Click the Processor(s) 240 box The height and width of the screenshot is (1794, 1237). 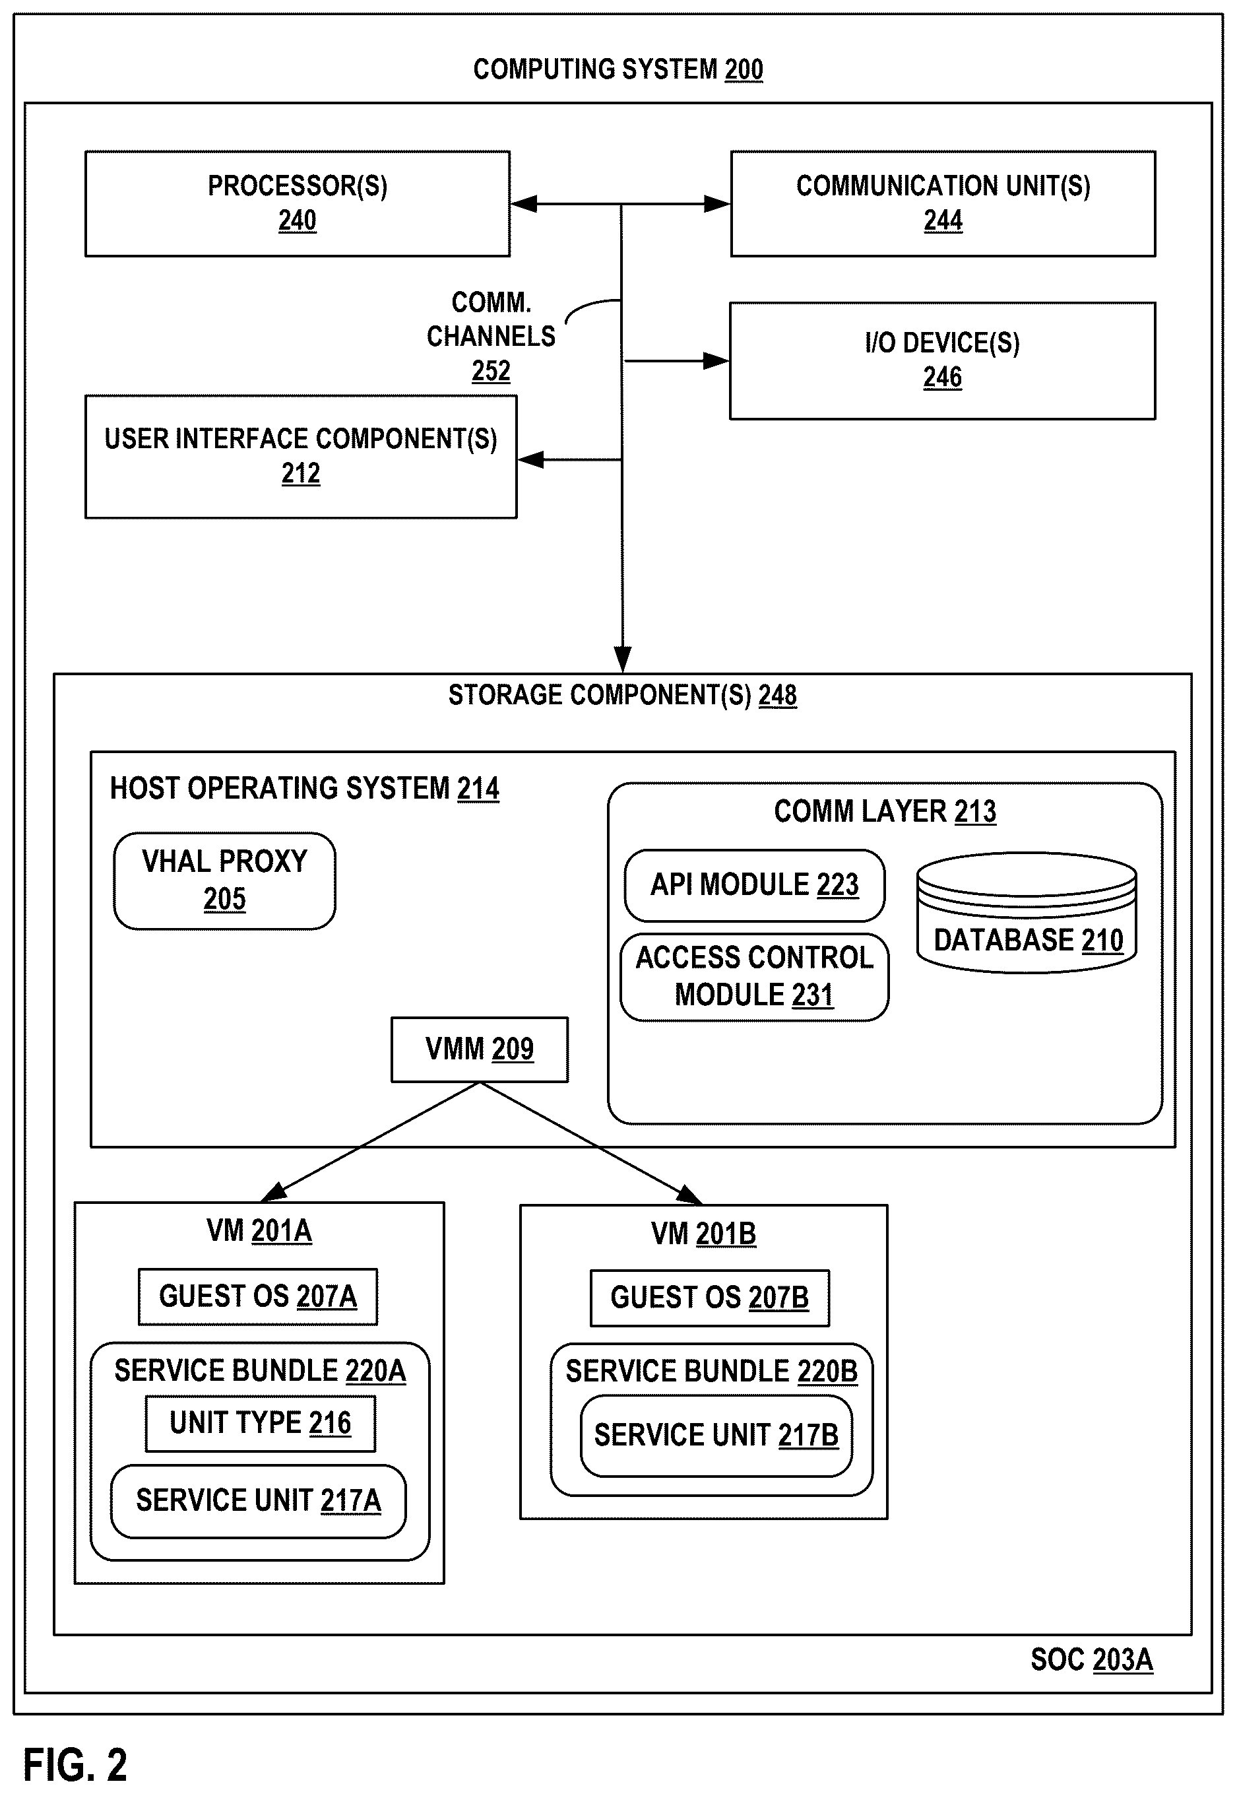pos(298,204)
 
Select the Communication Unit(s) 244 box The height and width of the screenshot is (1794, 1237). pos(943,204)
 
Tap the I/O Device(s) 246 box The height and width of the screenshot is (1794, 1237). pos(943,360)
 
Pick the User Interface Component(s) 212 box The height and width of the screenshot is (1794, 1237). pos(301,457)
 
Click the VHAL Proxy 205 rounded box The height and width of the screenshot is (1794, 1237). pos(225,880)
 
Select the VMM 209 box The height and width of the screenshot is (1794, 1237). pos(480,1049)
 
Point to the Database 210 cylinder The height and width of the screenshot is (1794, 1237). pos(1027,912)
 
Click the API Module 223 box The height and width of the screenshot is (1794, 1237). pos(754,885)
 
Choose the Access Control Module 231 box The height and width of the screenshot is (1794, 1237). pos(754,977)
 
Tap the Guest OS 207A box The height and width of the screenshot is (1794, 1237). pos(258,1296)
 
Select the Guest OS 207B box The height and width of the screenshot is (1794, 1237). pos(710,1298)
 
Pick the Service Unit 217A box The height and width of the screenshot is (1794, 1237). pos(258,1501)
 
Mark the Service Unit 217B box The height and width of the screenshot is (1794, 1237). pos(716,1436)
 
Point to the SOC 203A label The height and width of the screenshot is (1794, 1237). pos(1091,1660)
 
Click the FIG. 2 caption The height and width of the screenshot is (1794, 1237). pos(75,1766)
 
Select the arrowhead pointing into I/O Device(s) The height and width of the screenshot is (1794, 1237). pos(715,360)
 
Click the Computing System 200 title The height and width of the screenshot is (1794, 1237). pos(619,69)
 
